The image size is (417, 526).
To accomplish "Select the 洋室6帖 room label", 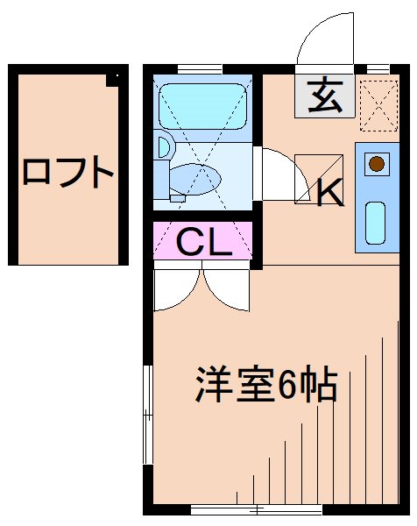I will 265,383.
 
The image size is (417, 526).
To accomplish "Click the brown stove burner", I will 376,163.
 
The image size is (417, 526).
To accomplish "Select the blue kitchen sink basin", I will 375,223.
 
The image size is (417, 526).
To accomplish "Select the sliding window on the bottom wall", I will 244,508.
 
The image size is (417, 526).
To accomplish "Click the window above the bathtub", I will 202,69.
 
